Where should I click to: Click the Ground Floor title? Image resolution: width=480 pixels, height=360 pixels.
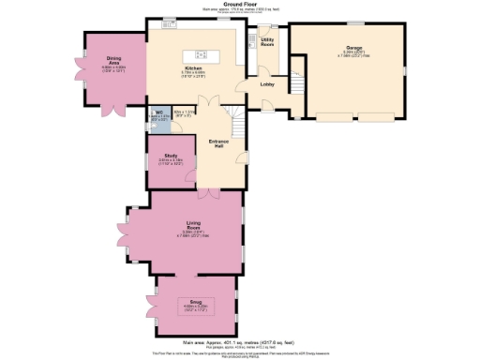(239, 4)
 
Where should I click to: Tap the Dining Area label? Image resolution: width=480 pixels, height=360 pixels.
(113, 60)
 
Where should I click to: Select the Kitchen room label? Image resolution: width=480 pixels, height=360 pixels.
(193, 68)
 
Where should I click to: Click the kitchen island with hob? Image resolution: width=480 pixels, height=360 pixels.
(202, 47)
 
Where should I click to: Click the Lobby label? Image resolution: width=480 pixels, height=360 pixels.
(266, 85)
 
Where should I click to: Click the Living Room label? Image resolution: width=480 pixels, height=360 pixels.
(193, 224)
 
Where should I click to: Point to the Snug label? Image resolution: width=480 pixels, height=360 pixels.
(196, 302)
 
